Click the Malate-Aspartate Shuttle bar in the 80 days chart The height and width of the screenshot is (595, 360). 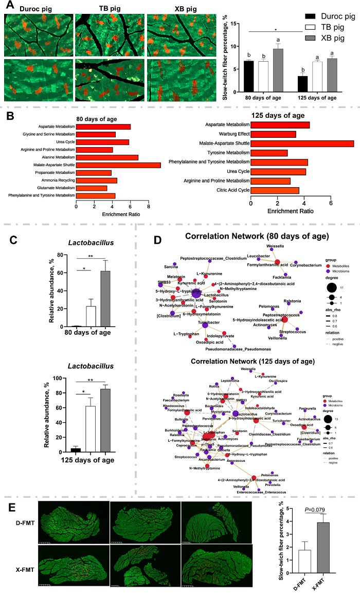point(118,165)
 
